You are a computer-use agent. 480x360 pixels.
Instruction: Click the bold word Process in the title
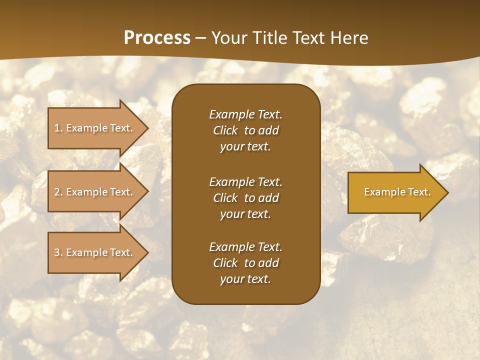[157, 38]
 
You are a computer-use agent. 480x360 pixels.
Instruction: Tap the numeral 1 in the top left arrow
[56, 128]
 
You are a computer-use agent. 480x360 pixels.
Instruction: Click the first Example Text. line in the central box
[245, 114]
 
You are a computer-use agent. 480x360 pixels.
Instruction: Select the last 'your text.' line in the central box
[245, 279]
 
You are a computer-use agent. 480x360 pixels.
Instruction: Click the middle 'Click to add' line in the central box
[245, 198]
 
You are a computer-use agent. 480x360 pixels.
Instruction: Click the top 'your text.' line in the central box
[245, 146]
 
